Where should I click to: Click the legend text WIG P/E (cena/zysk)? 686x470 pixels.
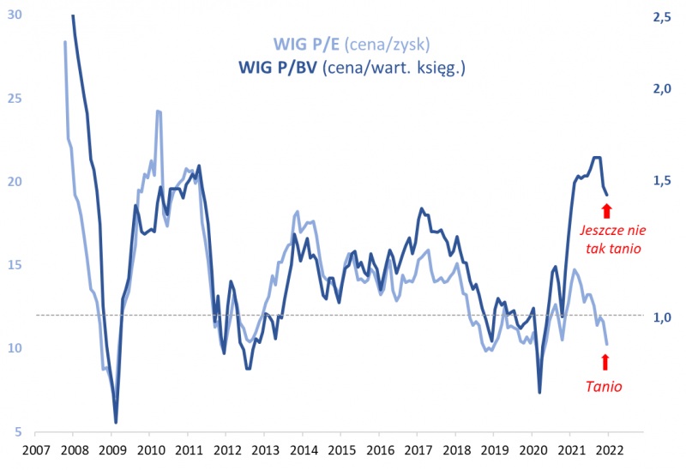pyautogui.click(x=351, y=44)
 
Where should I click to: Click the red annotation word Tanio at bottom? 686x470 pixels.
pyautogui.click(x=604, y=387)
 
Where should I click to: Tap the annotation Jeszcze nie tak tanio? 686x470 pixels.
pyautogui.click(x=611, y=239)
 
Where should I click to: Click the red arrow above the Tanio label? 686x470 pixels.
pyautogui.click(x=607, y=362)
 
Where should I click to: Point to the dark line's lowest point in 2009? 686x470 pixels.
pyautogui.click(x=116, y=422)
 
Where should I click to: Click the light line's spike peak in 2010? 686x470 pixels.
pyautogui.click(x=159, y=111)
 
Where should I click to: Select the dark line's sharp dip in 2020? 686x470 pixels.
pyautogui.click(x=539, y=393)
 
